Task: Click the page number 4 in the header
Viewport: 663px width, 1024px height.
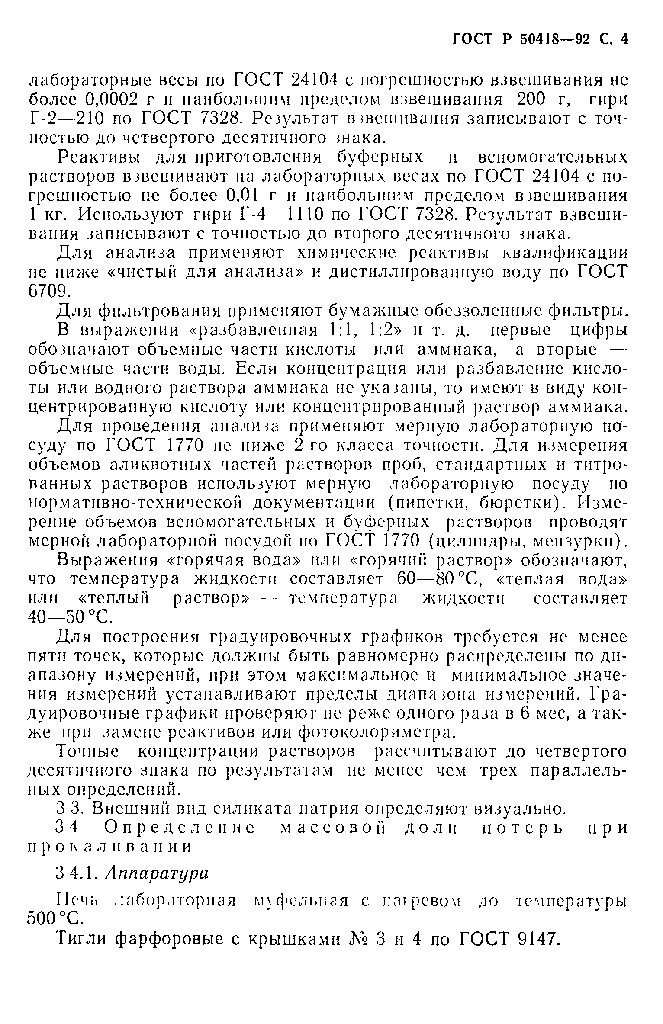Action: (624, 39)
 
